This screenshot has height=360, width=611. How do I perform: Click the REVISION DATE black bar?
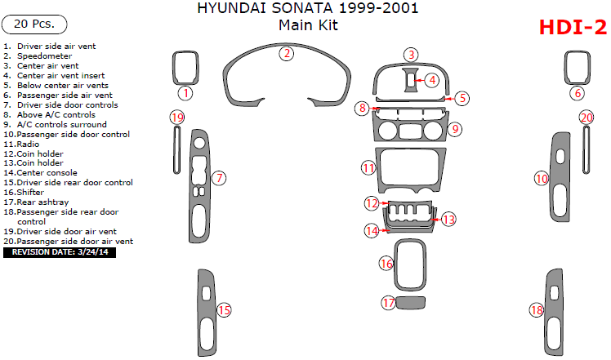pos(60,252)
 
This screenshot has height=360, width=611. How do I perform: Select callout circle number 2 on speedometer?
pos(287,54)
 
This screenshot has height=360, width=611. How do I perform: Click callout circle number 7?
pos(218,177)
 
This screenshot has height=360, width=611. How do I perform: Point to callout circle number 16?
pos(386,263)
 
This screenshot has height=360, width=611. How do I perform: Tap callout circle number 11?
pos(368,168)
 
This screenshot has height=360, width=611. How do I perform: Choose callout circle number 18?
pos(536,310)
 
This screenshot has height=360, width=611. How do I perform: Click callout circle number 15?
pos(223,309)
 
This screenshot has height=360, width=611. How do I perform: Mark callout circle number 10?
pos(541,177)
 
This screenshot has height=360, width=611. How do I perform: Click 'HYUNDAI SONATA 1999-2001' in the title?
pos(309,9)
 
